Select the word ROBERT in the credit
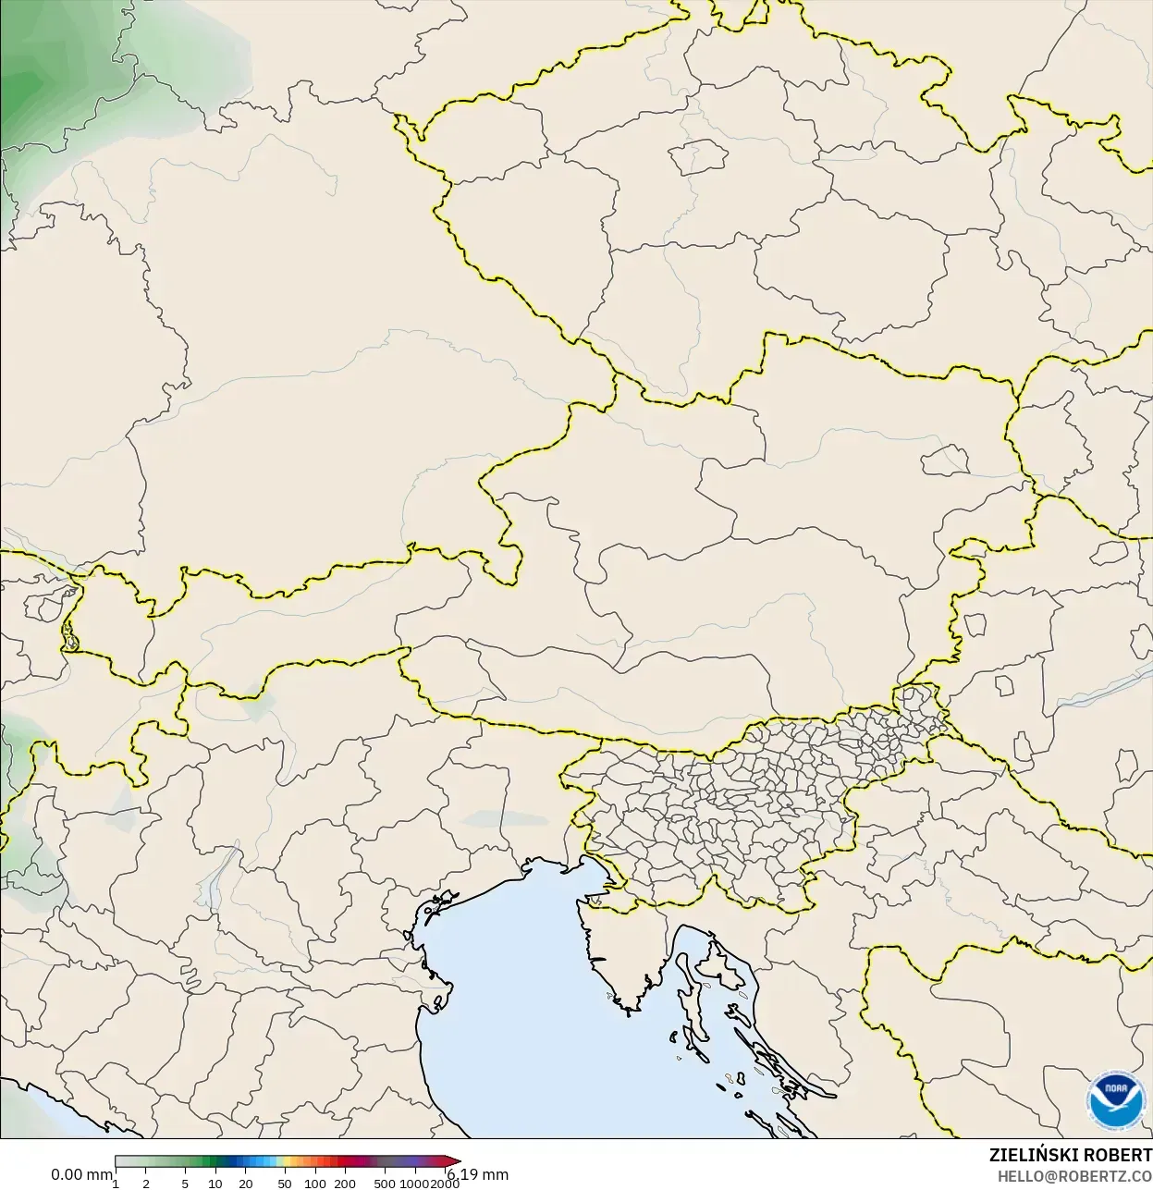(1117, 1156)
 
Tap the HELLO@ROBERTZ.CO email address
(1074, 1176)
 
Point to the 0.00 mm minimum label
(81, 1175)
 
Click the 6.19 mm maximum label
(478, 1175)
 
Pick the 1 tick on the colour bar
(116, 1184)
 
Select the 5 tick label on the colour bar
(185, 1184)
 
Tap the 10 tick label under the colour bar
(215, 1184)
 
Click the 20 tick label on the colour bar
(246, 1184)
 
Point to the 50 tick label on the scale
(285, 1184)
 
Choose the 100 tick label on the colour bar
(315, 1184)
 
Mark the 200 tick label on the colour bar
(345, 1184)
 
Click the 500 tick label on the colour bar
(385, 1184)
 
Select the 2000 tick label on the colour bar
(445, 1184)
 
